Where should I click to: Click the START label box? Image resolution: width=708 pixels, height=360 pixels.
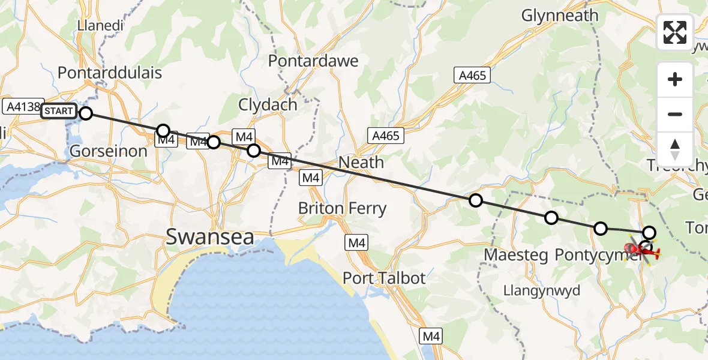pyautogui.click(x=58, y=111)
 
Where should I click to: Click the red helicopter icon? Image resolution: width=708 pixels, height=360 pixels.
pyautogui.click(x=642, y=250)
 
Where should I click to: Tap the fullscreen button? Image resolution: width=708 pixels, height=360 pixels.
pyautogui.click(x=675, y=32)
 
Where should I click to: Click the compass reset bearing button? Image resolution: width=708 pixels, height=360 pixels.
pyautogui.click(x=675, y=149)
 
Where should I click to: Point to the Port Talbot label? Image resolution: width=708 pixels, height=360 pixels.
pyautogui.click(x=384, y=278)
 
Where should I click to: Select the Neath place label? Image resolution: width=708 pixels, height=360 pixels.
pyautogui.click(x=361, y=162)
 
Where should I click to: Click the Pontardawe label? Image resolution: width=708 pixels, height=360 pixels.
pyautogui.click(x=313, y=61)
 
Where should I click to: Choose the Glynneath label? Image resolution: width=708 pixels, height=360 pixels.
pyautogui.click(x=560, y=16)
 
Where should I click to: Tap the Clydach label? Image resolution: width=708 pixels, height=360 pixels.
pyautogui.click(x=268, y=104)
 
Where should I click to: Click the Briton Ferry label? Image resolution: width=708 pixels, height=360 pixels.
pyautogui.click(x=343, y=209)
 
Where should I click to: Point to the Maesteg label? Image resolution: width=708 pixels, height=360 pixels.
pyautogui.click(x=516, y=256)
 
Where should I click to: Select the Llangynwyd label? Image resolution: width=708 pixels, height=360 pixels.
pyautogui.click(x=542, y=291)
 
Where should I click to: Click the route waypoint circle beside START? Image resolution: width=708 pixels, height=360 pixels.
pyautogui.click(x=86, y=113)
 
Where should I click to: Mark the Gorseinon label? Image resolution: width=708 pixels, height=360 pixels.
pyautogui.click(x=109, y=151)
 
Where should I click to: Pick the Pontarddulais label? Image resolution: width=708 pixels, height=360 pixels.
pyautogui.click(x=110, y=73)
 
